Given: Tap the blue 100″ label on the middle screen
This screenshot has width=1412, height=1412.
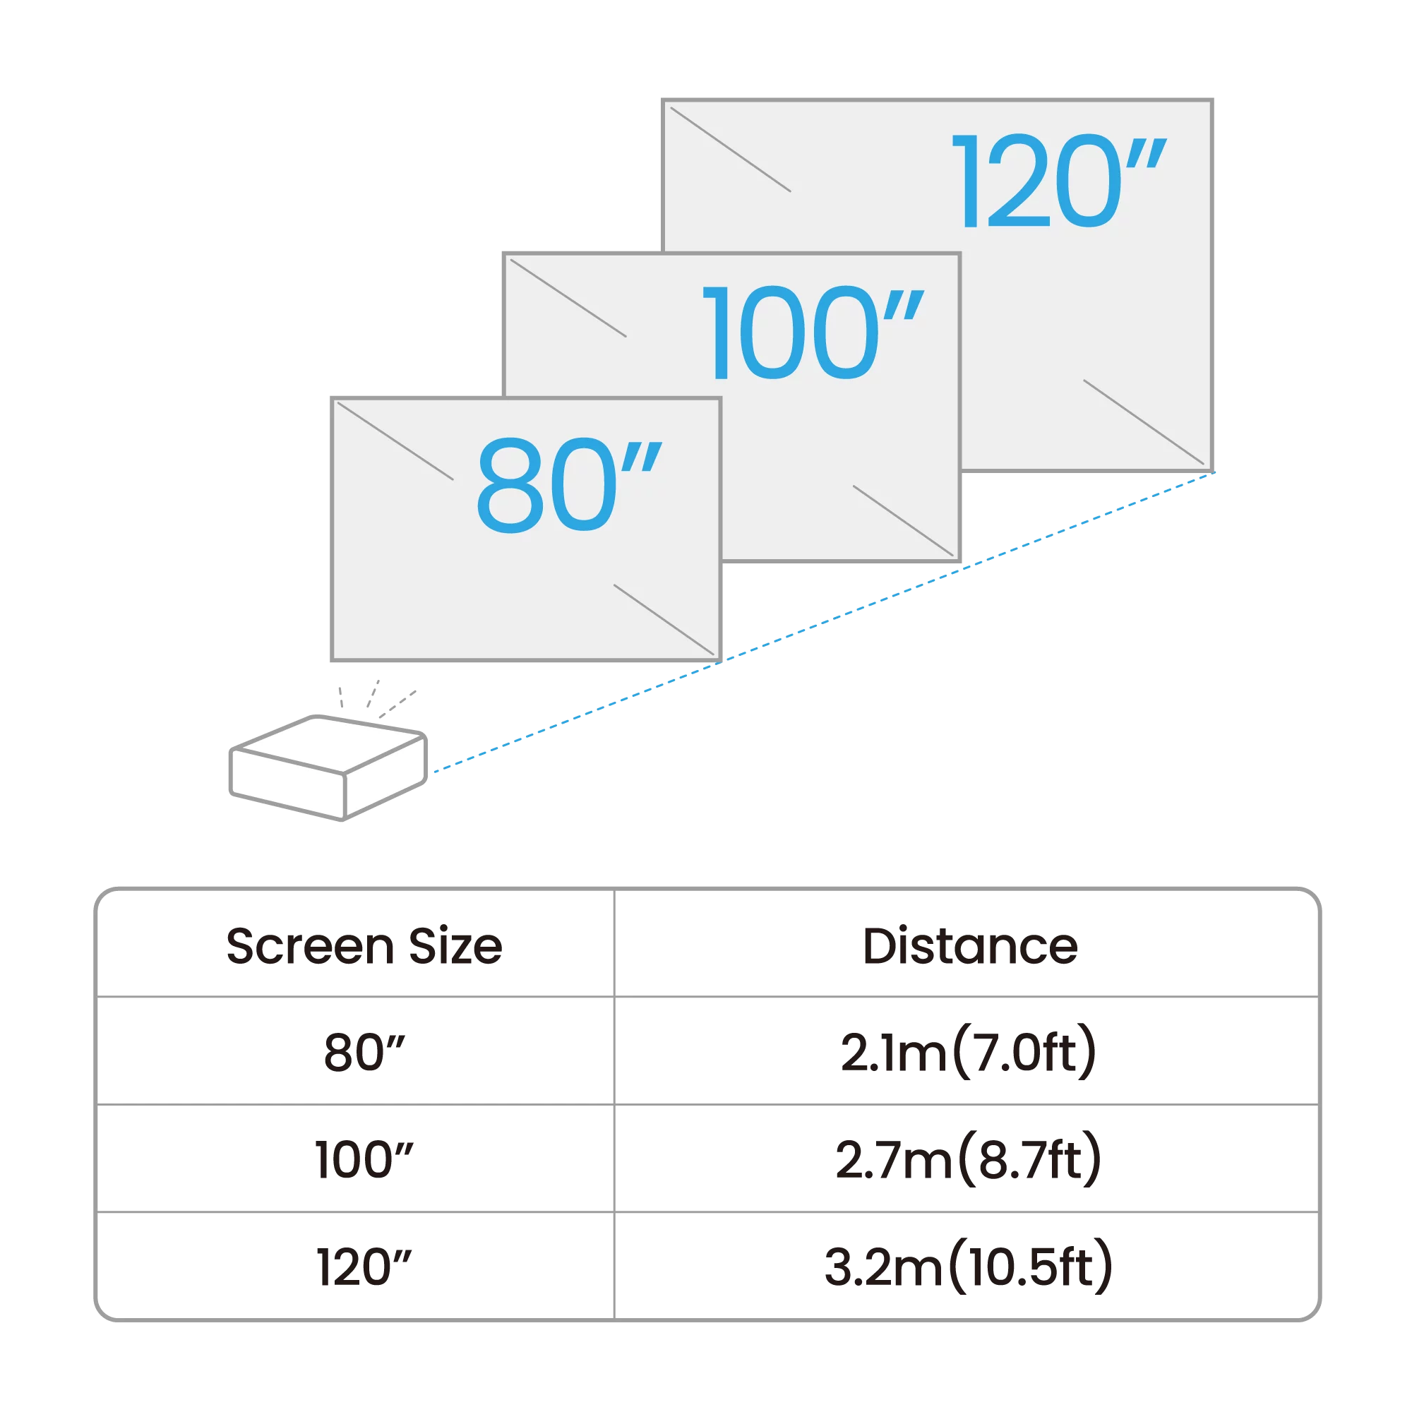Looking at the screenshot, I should [x=811, y=333].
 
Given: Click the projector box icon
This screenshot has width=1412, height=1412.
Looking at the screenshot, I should [x=328, y=767].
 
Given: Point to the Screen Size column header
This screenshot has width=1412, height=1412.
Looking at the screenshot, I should [x=364, y=947].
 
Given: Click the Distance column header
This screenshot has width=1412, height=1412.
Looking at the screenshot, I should [x=970, y=947].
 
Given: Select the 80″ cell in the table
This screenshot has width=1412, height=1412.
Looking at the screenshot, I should [x=364, y=1053].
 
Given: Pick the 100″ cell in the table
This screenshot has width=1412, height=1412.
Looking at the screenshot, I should [x=364, y=1160].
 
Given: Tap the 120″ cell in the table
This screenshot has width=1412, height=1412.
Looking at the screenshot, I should [x=364, y=1267].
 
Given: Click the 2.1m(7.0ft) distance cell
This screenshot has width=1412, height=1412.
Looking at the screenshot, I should [x=969, y=1053].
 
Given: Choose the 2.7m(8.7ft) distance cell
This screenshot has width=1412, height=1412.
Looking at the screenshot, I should [x=969, y=1160].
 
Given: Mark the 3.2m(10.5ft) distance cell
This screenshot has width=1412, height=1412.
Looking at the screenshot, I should [x=969, y=1267].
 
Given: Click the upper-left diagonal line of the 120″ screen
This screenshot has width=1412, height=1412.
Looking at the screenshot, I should [x=730, y=149].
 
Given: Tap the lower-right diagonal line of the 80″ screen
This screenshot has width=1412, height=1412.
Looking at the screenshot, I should [x=664, y=619].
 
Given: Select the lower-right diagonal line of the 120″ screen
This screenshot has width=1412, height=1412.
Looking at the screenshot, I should [x=1143, y=421].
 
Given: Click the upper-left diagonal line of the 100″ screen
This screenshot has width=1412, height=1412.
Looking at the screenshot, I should [x=568, y=297].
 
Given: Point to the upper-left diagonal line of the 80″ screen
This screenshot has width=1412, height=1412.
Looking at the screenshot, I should [x=395, y=441].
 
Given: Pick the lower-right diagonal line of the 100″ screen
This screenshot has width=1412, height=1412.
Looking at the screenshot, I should [x=904, y=520].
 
